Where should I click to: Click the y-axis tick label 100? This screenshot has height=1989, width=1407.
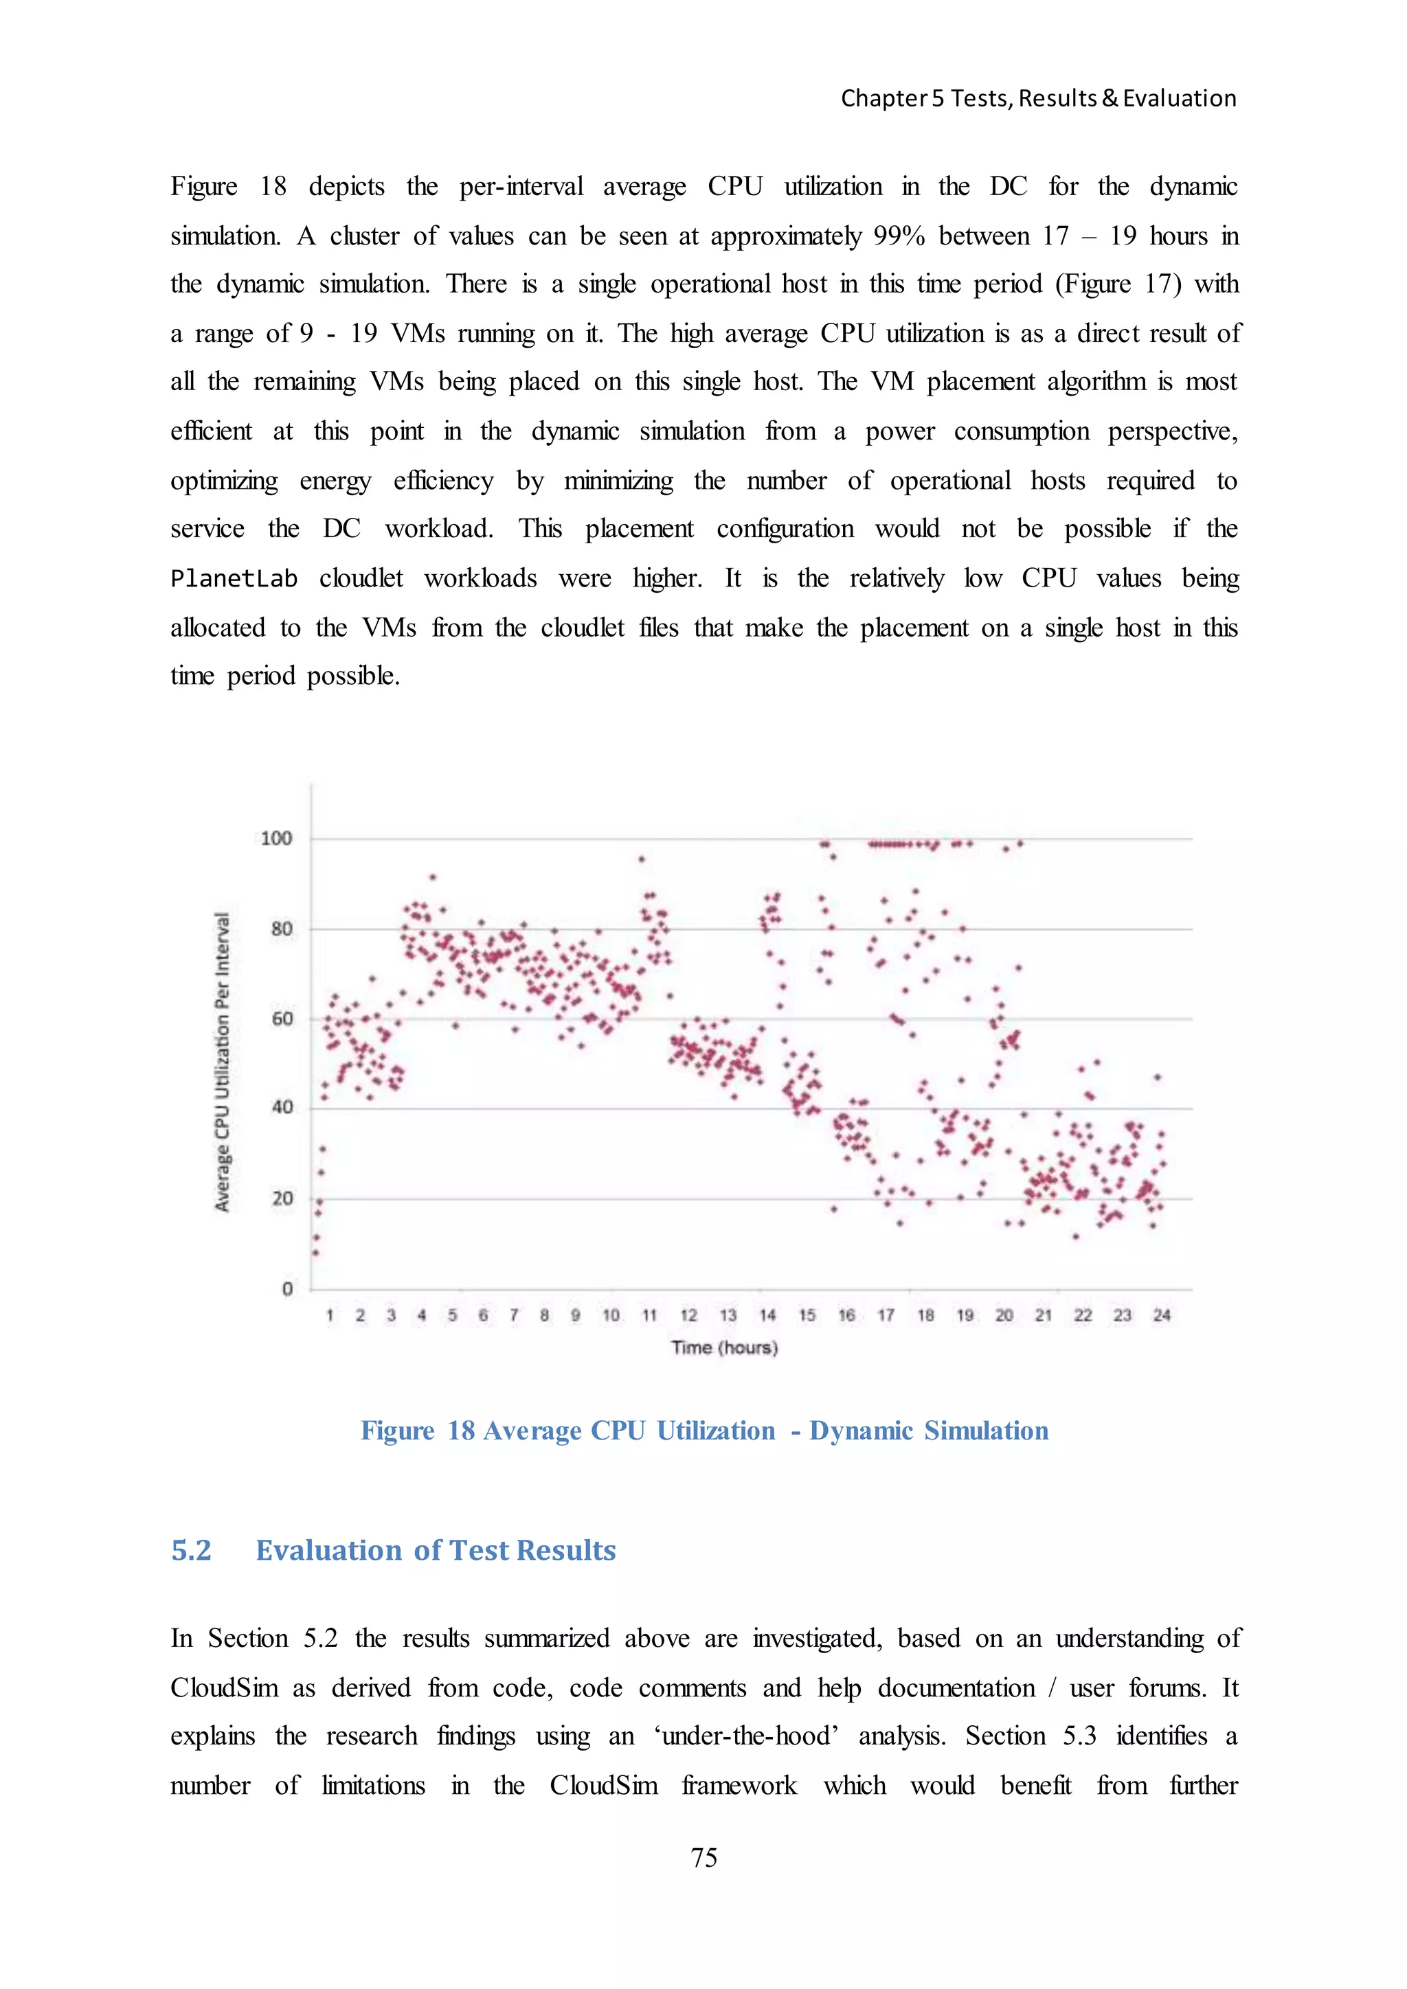tap(276, 838)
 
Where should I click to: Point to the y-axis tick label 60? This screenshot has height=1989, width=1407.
tap(282, 1019)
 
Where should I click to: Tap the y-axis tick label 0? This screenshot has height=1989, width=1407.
tap(288, 1289)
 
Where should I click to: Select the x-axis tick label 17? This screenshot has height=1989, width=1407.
tap(886, 1315)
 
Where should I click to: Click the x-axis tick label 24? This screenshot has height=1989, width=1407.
tap(1161, 1315)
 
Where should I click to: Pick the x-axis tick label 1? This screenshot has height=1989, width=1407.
tap(329, 1315)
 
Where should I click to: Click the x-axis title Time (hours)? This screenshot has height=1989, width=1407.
tap(724, 1347)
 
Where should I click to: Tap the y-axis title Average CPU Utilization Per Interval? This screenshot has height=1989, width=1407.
tap(223, 1061)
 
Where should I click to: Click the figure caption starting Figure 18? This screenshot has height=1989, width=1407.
tap(703, 1430)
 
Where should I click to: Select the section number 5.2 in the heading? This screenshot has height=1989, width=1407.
tap(192, 1550)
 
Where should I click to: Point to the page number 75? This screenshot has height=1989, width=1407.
tap(703, 1856)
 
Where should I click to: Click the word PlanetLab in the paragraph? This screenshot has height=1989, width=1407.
tap(234, 579)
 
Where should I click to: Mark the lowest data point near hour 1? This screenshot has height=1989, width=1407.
tap(315, 1253)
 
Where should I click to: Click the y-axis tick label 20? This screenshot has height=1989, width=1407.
tap(282, 1199)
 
